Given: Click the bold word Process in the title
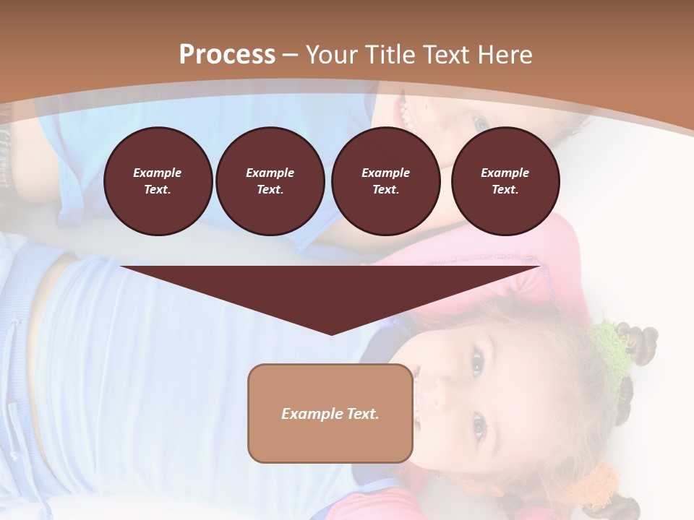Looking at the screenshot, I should coord(227,55).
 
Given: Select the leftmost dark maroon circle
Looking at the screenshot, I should coord(158,181).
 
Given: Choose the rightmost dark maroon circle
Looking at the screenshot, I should coord(505,181).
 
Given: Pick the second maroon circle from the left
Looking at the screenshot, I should coord(270,181).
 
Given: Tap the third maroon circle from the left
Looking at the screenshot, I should coord(386,181).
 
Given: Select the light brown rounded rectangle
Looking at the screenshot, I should coord(330,413).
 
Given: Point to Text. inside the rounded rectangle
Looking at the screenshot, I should coord(364,414).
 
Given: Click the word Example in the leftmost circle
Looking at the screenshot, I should coord(158,173).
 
